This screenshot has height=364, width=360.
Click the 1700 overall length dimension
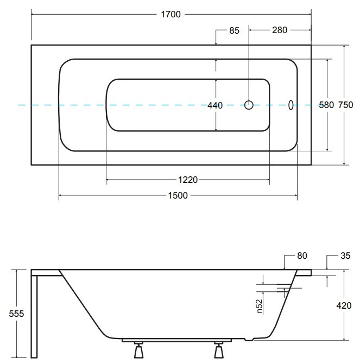tap(171, 15)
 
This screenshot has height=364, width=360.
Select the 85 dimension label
tap(234, 30)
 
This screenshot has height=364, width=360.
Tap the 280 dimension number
tap(280, 30)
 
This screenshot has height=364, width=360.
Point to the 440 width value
tap(215, 105)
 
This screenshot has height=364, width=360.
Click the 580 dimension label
tap(326, 105)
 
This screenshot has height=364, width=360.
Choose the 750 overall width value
tap(345, 105)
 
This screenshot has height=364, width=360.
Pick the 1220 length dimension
tap(188, 180)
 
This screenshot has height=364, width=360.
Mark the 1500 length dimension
tap(178, 195)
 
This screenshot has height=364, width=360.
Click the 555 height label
tap(16, 314)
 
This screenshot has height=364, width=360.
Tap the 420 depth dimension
tap(344, 305)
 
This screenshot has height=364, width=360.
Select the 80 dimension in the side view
tap(302, 256)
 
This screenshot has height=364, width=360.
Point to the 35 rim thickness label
tap(345, 256)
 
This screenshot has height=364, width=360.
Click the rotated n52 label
tap(260, 306)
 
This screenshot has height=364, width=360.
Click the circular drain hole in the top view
tap(249, 105)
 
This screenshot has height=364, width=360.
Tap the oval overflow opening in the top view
tap(290, 105)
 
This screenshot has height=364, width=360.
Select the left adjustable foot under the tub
tap(139, 349)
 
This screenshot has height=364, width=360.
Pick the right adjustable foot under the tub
tap(219, 349)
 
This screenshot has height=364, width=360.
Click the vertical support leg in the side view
tap(34, 317)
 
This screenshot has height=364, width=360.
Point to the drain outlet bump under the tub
tap(249, 340)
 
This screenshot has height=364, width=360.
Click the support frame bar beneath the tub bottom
tap(176, 340)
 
